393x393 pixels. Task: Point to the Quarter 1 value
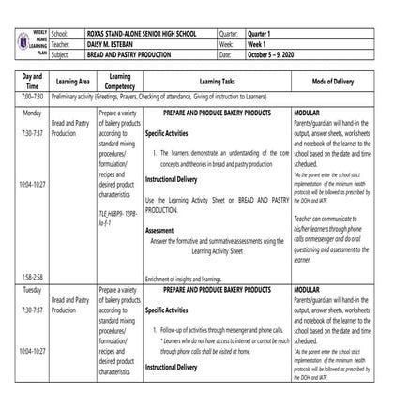[x=288, y=7]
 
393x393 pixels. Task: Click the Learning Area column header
[x=71, y=82]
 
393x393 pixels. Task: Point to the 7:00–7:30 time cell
[x=19, y=97]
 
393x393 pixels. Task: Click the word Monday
[x=19, y=111]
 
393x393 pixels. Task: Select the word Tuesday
[x=19, y=294]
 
